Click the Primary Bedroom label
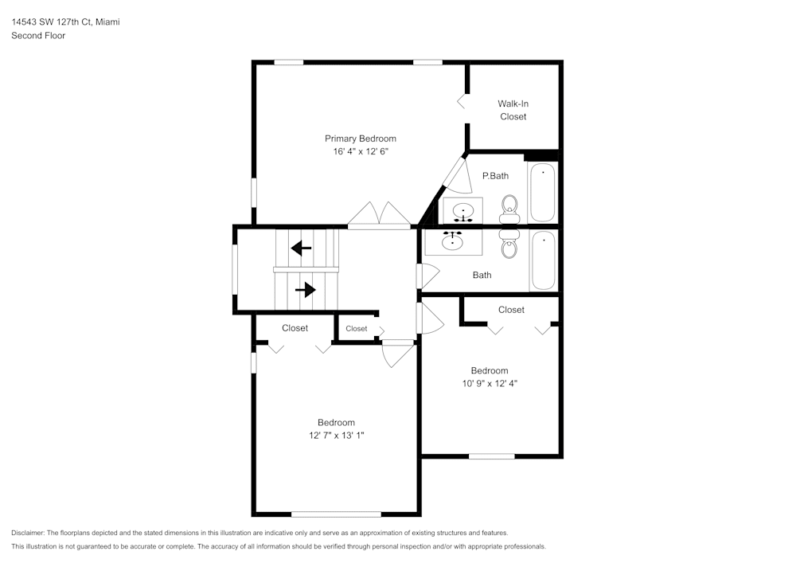click(360, 139)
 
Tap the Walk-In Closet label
click(513, 110)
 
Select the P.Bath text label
click(495, 176)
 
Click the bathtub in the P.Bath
click(543, 193)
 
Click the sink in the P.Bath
click(463, 212)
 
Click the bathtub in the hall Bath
click(543, 260)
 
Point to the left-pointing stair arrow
click(301, 248)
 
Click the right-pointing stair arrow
click(306, 290)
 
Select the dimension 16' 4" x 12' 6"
click(361, 151)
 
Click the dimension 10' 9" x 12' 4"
click(489, 383)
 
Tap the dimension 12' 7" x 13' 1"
click(336, 436)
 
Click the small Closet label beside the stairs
click(356, 329)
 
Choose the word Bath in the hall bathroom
click(482, 276)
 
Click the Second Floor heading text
click(38, 36)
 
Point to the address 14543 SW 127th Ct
click(52, 22)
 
